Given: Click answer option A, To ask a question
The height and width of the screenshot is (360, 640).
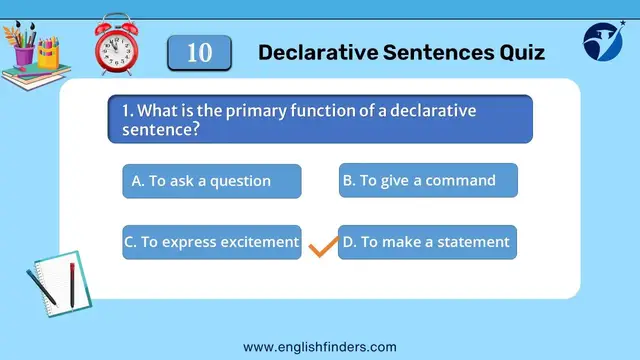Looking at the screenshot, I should tap(211, 181).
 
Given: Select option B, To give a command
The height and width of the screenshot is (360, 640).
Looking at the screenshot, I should tap(428, 180).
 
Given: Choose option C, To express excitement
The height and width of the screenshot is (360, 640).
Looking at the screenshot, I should tap(211, 242).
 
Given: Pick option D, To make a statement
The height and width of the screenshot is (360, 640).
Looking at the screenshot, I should tap(428, 242).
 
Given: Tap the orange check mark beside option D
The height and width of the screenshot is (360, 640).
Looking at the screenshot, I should tap(321, 246).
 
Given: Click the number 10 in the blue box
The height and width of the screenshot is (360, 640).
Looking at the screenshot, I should tap(199, 52).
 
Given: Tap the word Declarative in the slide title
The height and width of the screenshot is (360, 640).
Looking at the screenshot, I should tap(312, 52).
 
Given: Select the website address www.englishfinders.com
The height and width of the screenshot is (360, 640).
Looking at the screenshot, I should tap(320, 346).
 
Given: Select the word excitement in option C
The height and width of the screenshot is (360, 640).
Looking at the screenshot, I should tap(260, 242).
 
